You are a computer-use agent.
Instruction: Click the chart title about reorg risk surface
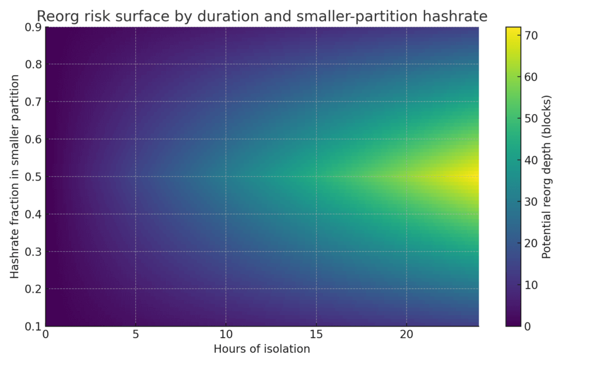tap(262, 16)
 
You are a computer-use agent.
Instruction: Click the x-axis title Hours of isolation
tap(262, 349)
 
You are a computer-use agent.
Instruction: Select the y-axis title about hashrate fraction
tap(15, 176)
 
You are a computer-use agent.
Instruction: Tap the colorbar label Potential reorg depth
tap(546, 176)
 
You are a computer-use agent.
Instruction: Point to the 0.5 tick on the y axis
tap(33, 177)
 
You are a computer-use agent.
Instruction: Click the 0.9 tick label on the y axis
tap(33, 27)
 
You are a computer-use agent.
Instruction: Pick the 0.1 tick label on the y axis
tap(33, 326)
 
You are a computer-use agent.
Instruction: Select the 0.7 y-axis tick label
tap(33, 101)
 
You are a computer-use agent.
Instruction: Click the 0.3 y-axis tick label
tap(33, 251)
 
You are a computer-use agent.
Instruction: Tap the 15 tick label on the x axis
tap(316, 335)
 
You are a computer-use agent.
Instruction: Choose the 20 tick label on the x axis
tap(406, 335)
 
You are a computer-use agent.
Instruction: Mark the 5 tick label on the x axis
tap(136, 335)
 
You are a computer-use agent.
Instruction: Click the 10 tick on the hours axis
tap(226, 335)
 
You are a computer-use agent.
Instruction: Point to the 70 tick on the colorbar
tap(531, 36)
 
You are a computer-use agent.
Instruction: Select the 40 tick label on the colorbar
tap(531, 160)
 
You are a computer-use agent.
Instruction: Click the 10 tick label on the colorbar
tap(531, 285)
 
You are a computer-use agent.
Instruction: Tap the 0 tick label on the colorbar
tap(528, 326)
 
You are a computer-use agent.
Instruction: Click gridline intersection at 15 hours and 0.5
tap(316, 176)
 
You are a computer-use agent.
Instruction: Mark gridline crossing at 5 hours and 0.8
tap(136, 64)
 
